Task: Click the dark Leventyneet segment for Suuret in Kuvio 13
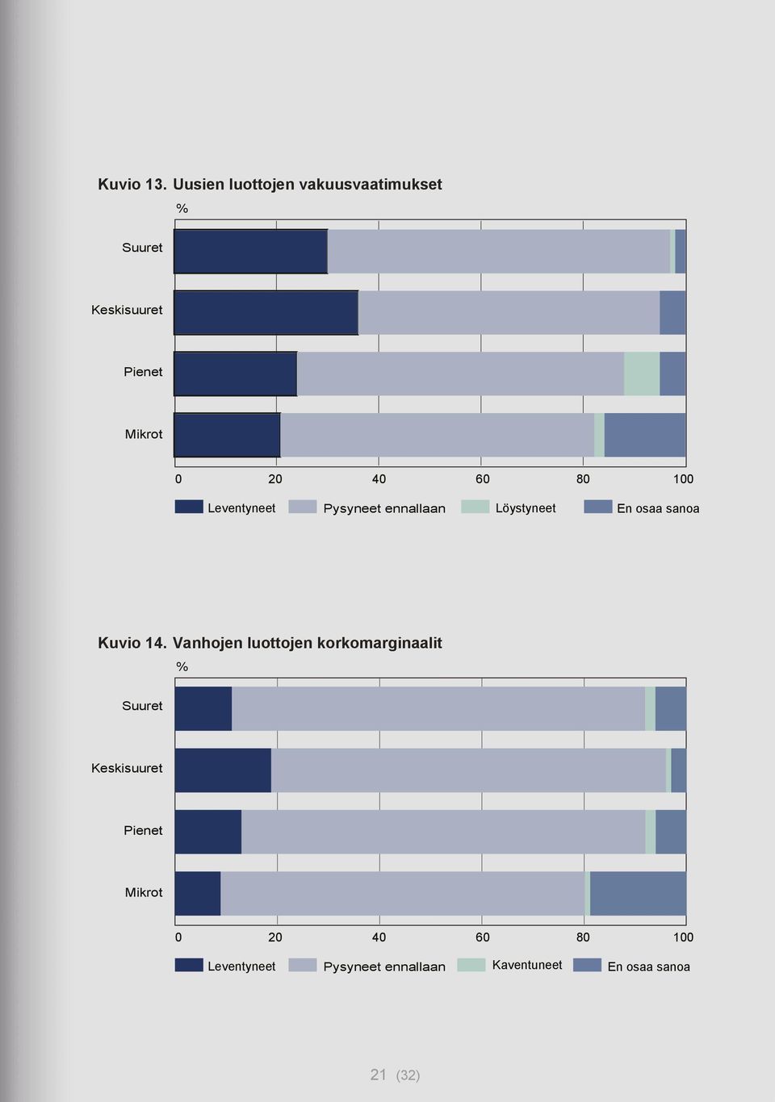(x=251, y=252)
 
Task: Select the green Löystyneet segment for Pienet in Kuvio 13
(x=642, y=374)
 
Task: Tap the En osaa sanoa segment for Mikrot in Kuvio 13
(x=645, y=435)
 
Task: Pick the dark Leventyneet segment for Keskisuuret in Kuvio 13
(x=266, y=313)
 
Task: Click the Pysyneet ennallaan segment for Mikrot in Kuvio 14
(x=403, y=893)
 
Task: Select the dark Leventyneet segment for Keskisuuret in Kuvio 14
(x=223, y=770)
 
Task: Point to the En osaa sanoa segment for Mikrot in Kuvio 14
(x=638, y=893)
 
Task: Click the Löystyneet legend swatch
(x=475, y=507)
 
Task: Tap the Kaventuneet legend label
(x=527, y=965)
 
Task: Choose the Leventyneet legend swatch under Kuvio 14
(x=189, y=965)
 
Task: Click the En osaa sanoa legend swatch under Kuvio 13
(x=597, y=507)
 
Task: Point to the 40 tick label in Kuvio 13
(x=379, y=478)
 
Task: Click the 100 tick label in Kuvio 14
(x=684, y=937)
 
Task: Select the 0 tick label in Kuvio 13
(x=178, y=478)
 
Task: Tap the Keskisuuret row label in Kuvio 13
(x=127, y=310)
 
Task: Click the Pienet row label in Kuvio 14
(x=143, y=830)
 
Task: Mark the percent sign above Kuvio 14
(x=182, y=666)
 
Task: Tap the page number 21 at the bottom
(x=378, y=1075)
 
